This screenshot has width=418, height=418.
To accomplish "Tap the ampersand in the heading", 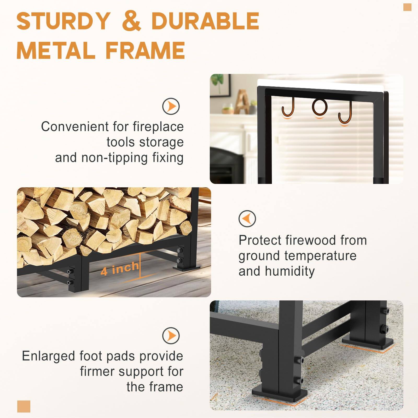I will [131, 21].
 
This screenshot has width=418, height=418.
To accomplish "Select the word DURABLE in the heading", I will [205, 21].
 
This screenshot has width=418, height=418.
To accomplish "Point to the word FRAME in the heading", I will [146, 50].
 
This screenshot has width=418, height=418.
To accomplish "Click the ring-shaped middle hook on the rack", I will [320, 107].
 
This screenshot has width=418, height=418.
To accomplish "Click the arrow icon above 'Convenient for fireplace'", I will [171, 106].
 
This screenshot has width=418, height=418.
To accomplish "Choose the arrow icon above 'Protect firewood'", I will [247, 218].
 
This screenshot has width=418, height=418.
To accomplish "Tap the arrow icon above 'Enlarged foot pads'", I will [171, 335].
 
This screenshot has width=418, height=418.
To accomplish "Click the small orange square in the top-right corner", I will [407, 7].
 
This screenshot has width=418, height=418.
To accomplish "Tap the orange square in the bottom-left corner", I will [24, 407].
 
